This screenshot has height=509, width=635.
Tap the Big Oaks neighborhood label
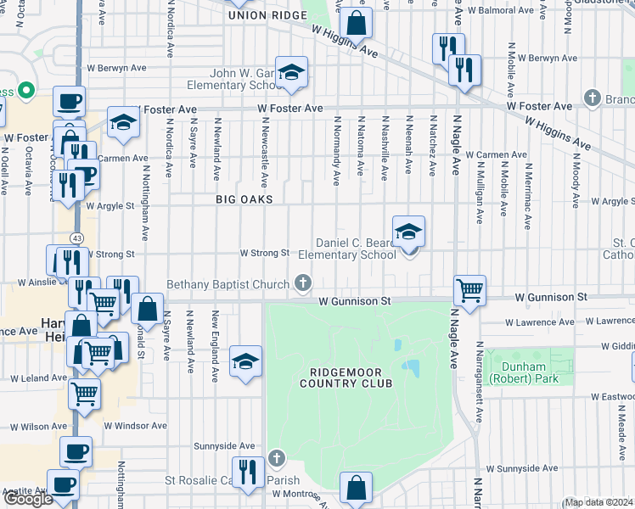[244, 199]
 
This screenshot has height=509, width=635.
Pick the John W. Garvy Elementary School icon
[291, 74]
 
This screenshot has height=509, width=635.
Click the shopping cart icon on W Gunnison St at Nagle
[469, 291]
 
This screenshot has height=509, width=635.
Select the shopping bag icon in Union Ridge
[357, 23]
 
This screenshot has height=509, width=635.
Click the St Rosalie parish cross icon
[276, 459]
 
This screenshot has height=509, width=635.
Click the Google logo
[28, 499]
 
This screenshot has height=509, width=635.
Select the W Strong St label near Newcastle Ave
[265, 253]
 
